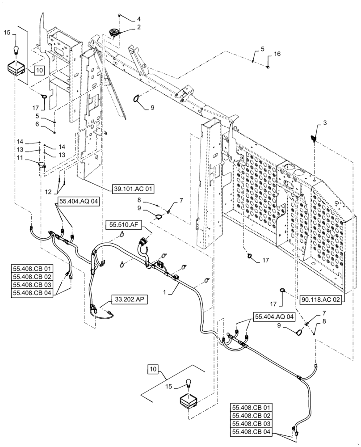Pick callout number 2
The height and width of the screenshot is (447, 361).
(x=139, y=27)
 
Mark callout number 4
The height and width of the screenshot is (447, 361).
(x=139, y=19)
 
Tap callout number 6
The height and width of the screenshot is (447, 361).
(x=38, y=124)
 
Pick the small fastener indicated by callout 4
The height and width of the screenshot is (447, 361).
(x=120, y=16)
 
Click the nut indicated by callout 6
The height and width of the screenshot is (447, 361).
(x=55, y=132)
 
